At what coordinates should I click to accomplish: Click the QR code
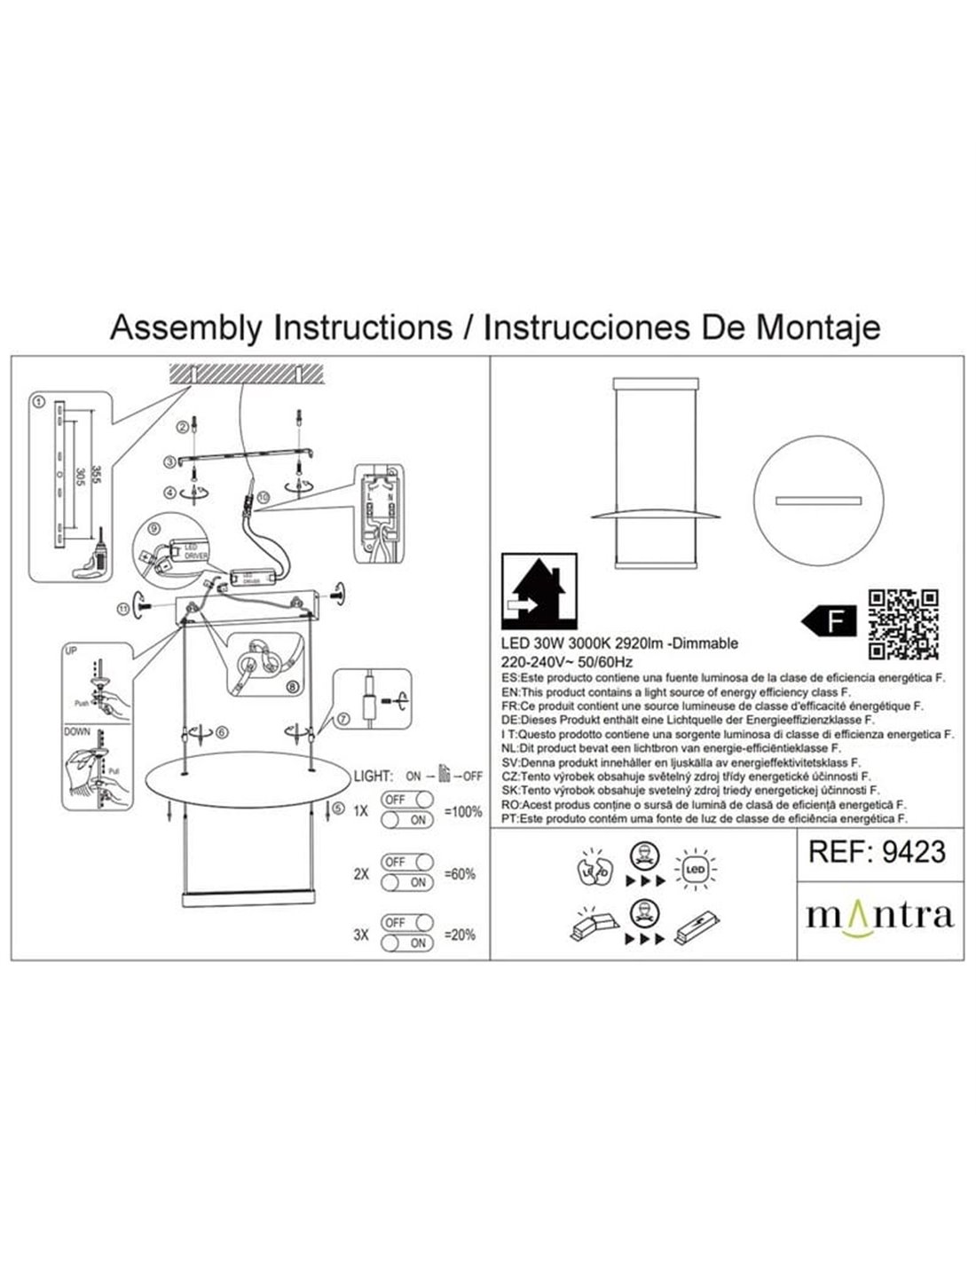pyautogui.click(x=903, y=625)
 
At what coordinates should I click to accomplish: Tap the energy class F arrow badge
pyautogui.click(x=827, y=621)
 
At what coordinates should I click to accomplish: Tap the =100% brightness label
pyautogui.click(x=461, y=811)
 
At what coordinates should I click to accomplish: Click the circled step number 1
pyautogui.click(x=38, y=402)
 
